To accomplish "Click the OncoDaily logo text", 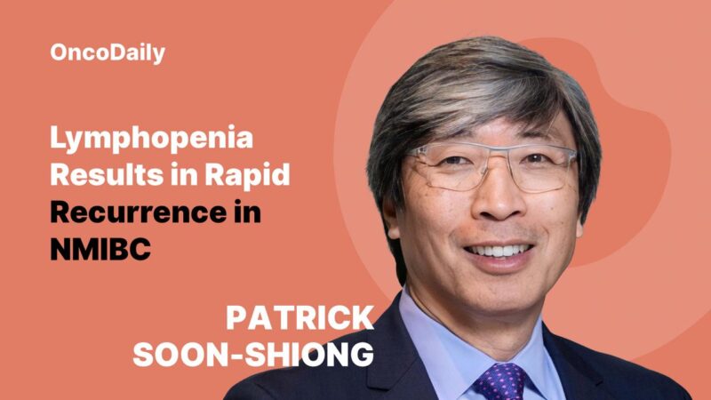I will pos(108,52).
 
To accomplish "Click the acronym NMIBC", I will pos(100,249).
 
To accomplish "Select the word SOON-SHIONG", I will pos(253,355).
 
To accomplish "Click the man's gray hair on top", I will pos(480,76).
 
